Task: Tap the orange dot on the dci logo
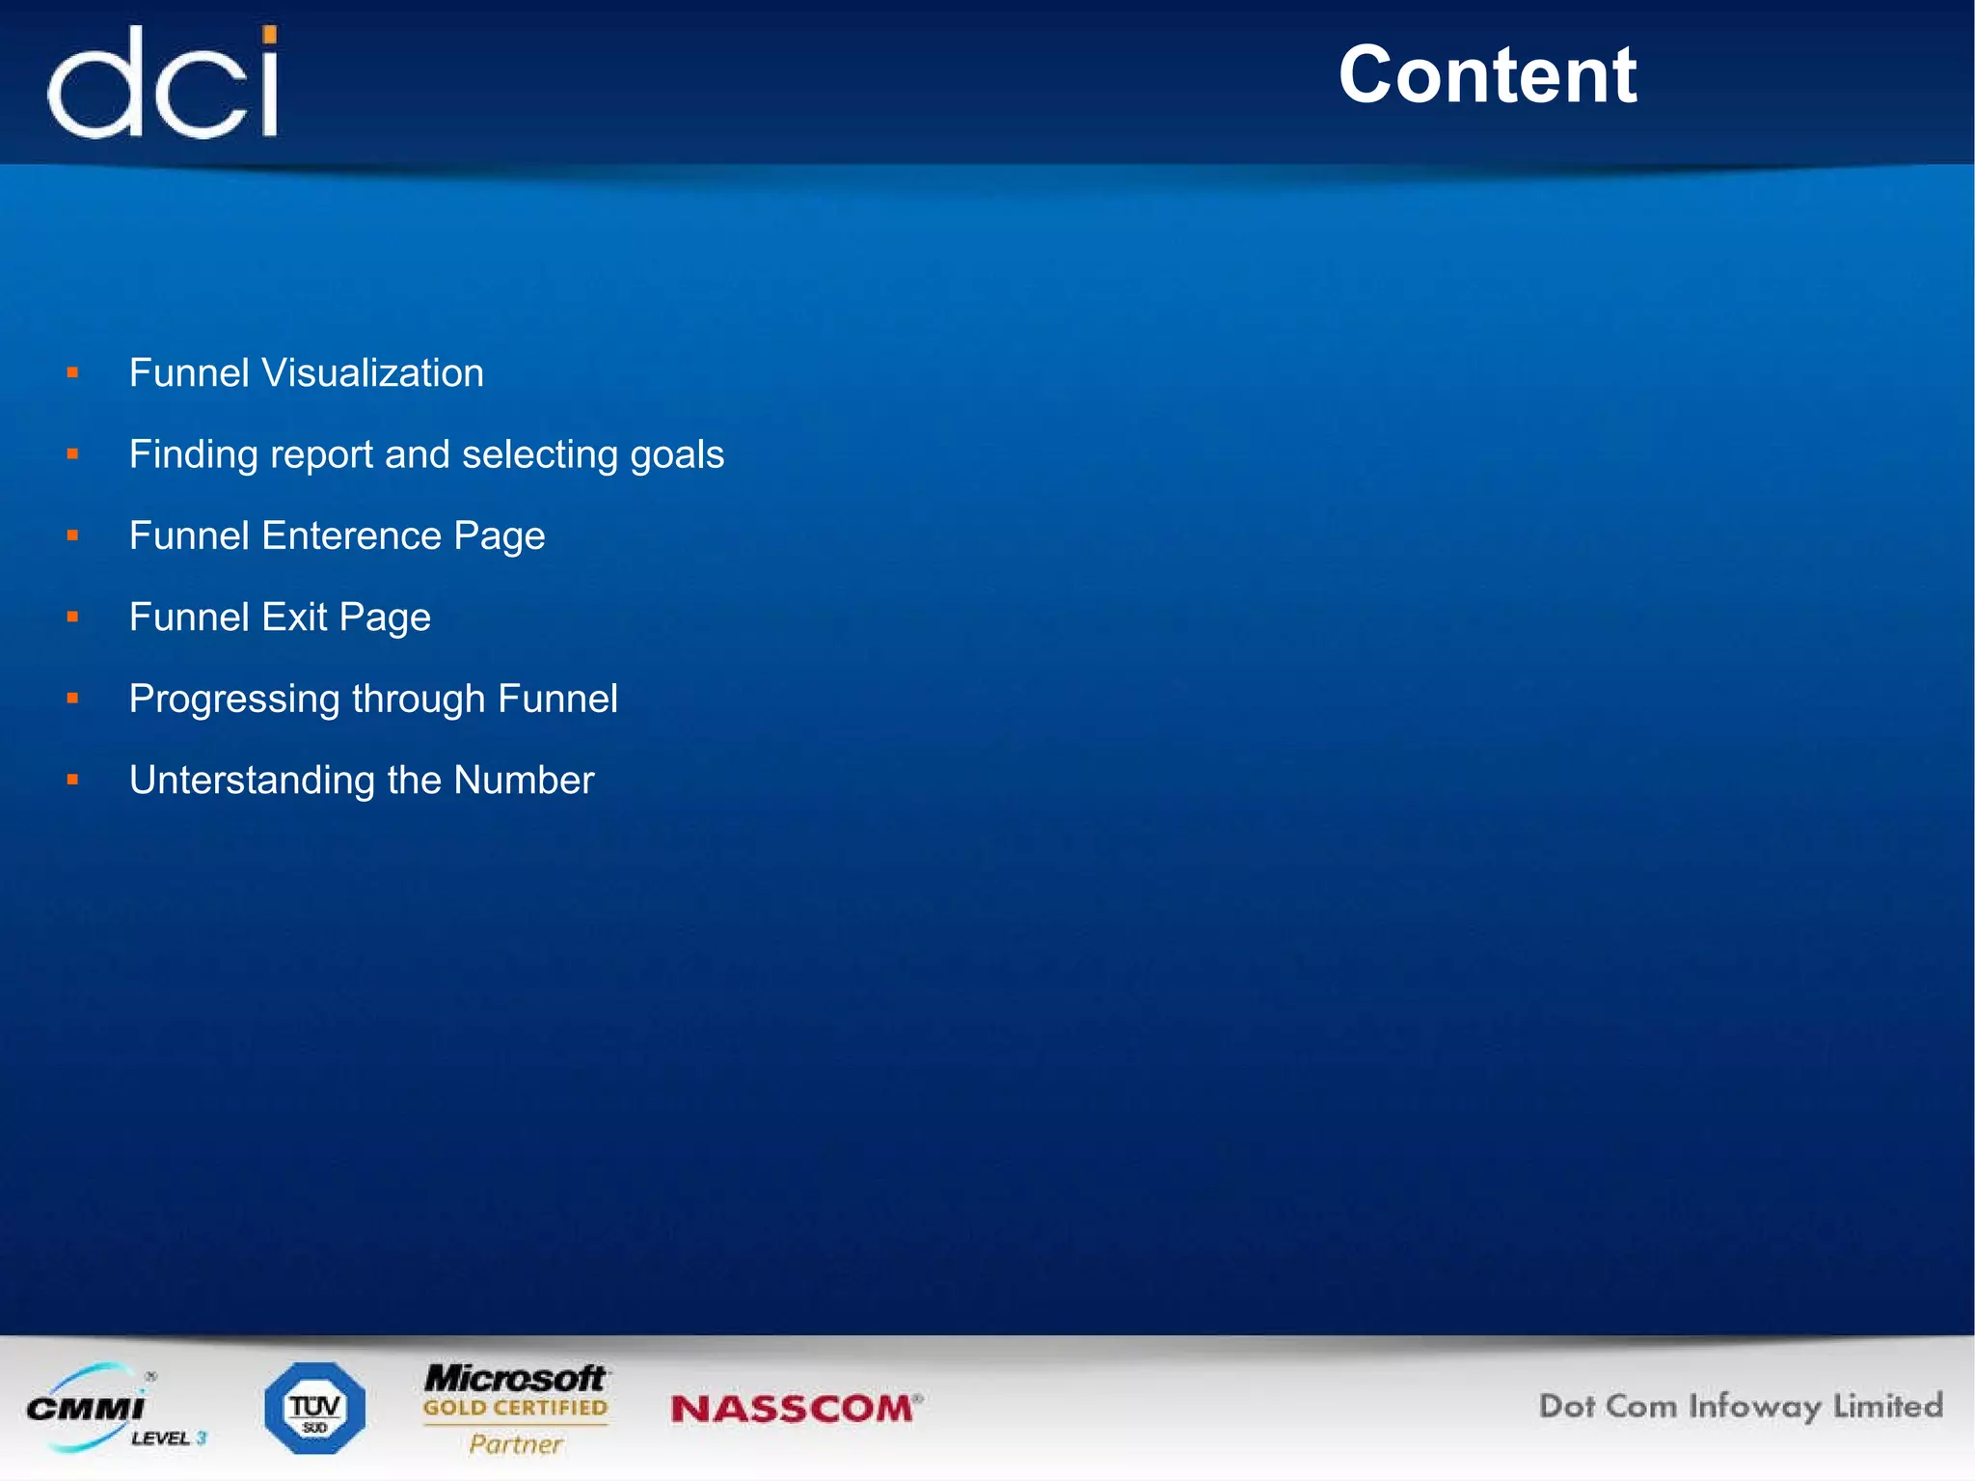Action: [x=270, y=36]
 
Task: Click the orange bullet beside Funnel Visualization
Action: [x=72, y=372]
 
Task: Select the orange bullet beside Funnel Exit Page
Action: [x=72, y=617]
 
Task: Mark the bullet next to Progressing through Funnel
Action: [x=72, y=698]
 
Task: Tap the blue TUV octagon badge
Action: [x=314, y=1409]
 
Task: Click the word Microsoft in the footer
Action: [x=515, y=1378]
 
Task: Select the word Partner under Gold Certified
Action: [x=515, y=1444]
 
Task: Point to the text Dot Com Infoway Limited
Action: [x=1740, y=1407]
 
